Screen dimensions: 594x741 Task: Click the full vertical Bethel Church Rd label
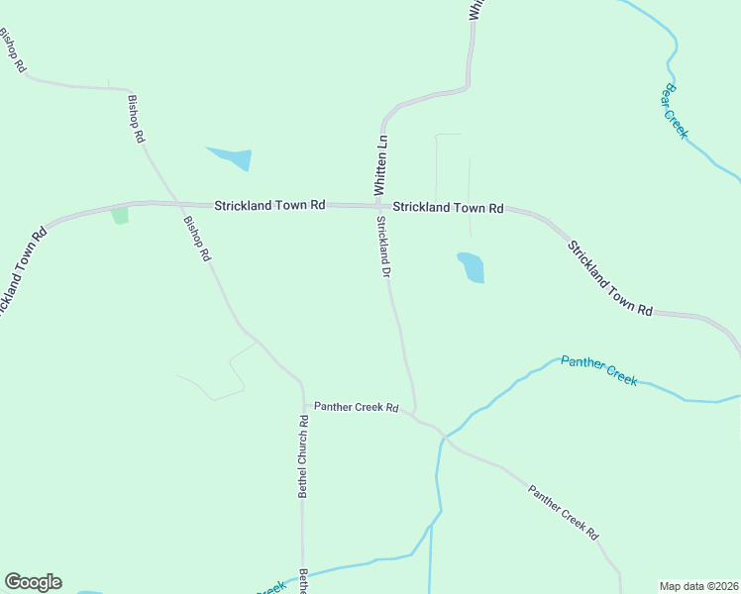pos(304,455)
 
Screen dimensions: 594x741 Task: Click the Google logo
pos(33,582)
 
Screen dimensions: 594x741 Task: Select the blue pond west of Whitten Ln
pos(231,157)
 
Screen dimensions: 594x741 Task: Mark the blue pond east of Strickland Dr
pos(472,267)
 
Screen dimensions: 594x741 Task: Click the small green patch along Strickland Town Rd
pos(120,215)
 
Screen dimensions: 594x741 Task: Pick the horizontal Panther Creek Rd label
pos(356,407)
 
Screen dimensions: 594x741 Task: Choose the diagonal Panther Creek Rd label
pos(564,511)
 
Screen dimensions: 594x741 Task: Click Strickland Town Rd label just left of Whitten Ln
pos(269,205)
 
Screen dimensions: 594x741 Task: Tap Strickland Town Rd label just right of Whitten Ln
pos(448,208)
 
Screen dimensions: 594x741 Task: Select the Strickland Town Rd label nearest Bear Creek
pos(610,278)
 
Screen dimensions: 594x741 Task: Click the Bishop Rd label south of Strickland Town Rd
pos(196,239)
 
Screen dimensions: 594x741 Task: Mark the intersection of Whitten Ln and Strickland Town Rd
pos(379,206)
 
